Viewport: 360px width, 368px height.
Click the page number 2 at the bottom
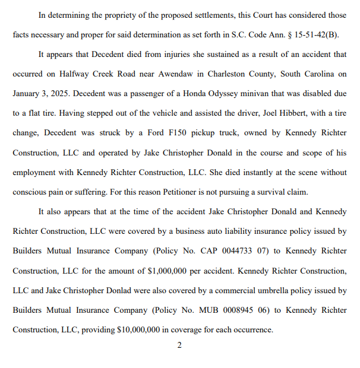pos(179,345)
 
